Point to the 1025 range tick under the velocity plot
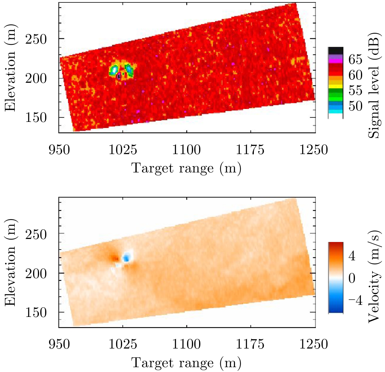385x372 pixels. click(x=122, y=344)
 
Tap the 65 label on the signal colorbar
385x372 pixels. click(x=355, y=60)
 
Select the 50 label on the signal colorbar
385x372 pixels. click(x=355, y=106)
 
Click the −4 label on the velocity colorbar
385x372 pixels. click(x=355, y=300)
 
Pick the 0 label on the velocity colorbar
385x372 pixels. click(x=352, y=278)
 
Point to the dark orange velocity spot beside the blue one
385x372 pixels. click(x=115, y=258)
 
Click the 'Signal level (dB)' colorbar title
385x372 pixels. click(x=374, y=85)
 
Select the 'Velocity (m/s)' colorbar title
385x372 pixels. click(x=374, y=276)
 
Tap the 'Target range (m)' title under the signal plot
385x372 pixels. click(x=186, y=168)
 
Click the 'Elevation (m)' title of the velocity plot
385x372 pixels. click(x=10, y=262)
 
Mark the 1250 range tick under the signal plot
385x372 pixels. click(x=313, y=149)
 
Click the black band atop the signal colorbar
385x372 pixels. click(x=335, y=50)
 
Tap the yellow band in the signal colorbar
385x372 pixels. click(x=335, y=86)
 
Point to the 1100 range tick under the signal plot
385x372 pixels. click(x=186, y=149)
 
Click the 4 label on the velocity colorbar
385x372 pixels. click(x=352, y=256)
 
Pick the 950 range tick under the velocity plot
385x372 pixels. click(x=59, y=344)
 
